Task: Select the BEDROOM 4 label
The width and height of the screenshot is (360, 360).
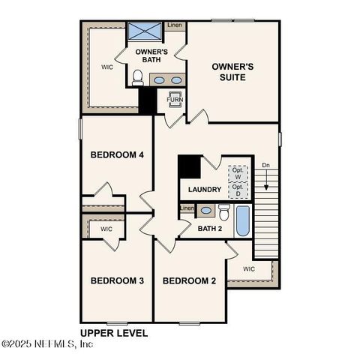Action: tap(116, 155)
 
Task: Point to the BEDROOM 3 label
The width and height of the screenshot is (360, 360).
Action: tap(116, 281)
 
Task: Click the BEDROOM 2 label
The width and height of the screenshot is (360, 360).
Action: tap(189, 281)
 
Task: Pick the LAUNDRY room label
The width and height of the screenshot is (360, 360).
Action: tap(204, 190)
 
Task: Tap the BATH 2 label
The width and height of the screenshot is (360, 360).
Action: tap(210, 228)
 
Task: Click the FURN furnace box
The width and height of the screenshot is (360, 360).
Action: tap(175, 100)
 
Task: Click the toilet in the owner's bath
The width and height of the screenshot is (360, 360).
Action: tap(137, 77)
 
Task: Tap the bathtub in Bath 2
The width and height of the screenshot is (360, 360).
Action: tap(243, 219)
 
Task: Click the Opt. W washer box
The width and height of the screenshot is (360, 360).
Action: tap(238, 172)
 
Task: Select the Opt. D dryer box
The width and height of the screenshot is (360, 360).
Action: tap(238, 191)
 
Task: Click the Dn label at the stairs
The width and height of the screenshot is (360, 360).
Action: tap(265, 165)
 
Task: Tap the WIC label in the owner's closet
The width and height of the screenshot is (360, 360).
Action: tap(107, 66)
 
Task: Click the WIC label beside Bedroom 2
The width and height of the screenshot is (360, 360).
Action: tap(249, 268)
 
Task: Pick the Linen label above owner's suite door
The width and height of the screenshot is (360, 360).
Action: tap(174, 25)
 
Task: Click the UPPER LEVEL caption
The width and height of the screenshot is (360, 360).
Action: tap(114, 331)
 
